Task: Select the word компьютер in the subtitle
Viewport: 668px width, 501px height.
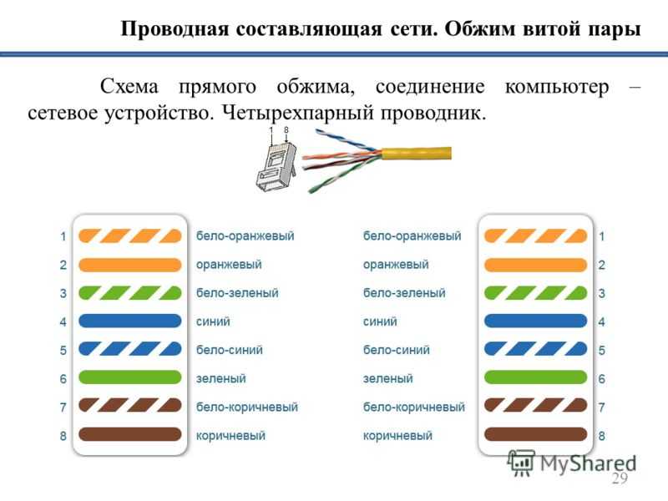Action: pos(557,87)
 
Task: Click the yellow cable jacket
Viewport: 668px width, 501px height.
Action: pos(416,154)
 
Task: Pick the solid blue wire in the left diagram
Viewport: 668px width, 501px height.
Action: pos(130,321)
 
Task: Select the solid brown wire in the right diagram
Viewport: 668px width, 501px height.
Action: pos(535,434)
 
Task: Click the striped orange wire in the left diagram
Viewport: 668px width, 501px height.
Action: pos(130,235)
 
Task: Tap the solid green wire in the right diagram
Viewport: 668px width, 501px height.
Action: pos(535,377)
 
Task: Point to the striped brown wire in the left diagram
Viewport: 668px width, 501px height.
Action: pos(130,405)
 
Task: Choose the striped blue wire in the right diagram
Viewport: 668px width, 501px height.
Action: pos(535,349)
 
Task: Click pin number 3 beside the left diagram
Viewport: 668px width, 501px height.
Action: pos(63,293)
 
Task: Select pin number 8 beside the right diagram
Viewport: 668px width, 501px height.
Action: pos(601,436)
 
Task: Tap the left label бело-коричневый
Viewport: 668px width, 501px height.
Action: pos(247,407)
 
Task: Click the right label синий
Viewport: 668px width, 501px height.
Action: pos(380,321)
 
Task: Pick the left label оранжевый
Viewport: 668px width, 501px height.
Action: pos(229,265)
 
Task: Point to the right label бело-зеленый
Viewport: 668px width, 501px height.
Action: pos(404,293)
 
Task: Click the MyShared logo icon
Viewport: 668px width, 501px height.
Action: pos(521,463)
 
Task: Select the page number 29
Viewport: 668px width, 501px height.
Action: pos(620,478)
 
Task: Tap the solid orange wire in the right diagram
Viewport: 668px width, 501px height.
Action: pos(535,265)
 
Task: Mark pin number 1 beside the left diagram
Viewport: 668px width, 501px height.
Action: pos(63,236)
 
